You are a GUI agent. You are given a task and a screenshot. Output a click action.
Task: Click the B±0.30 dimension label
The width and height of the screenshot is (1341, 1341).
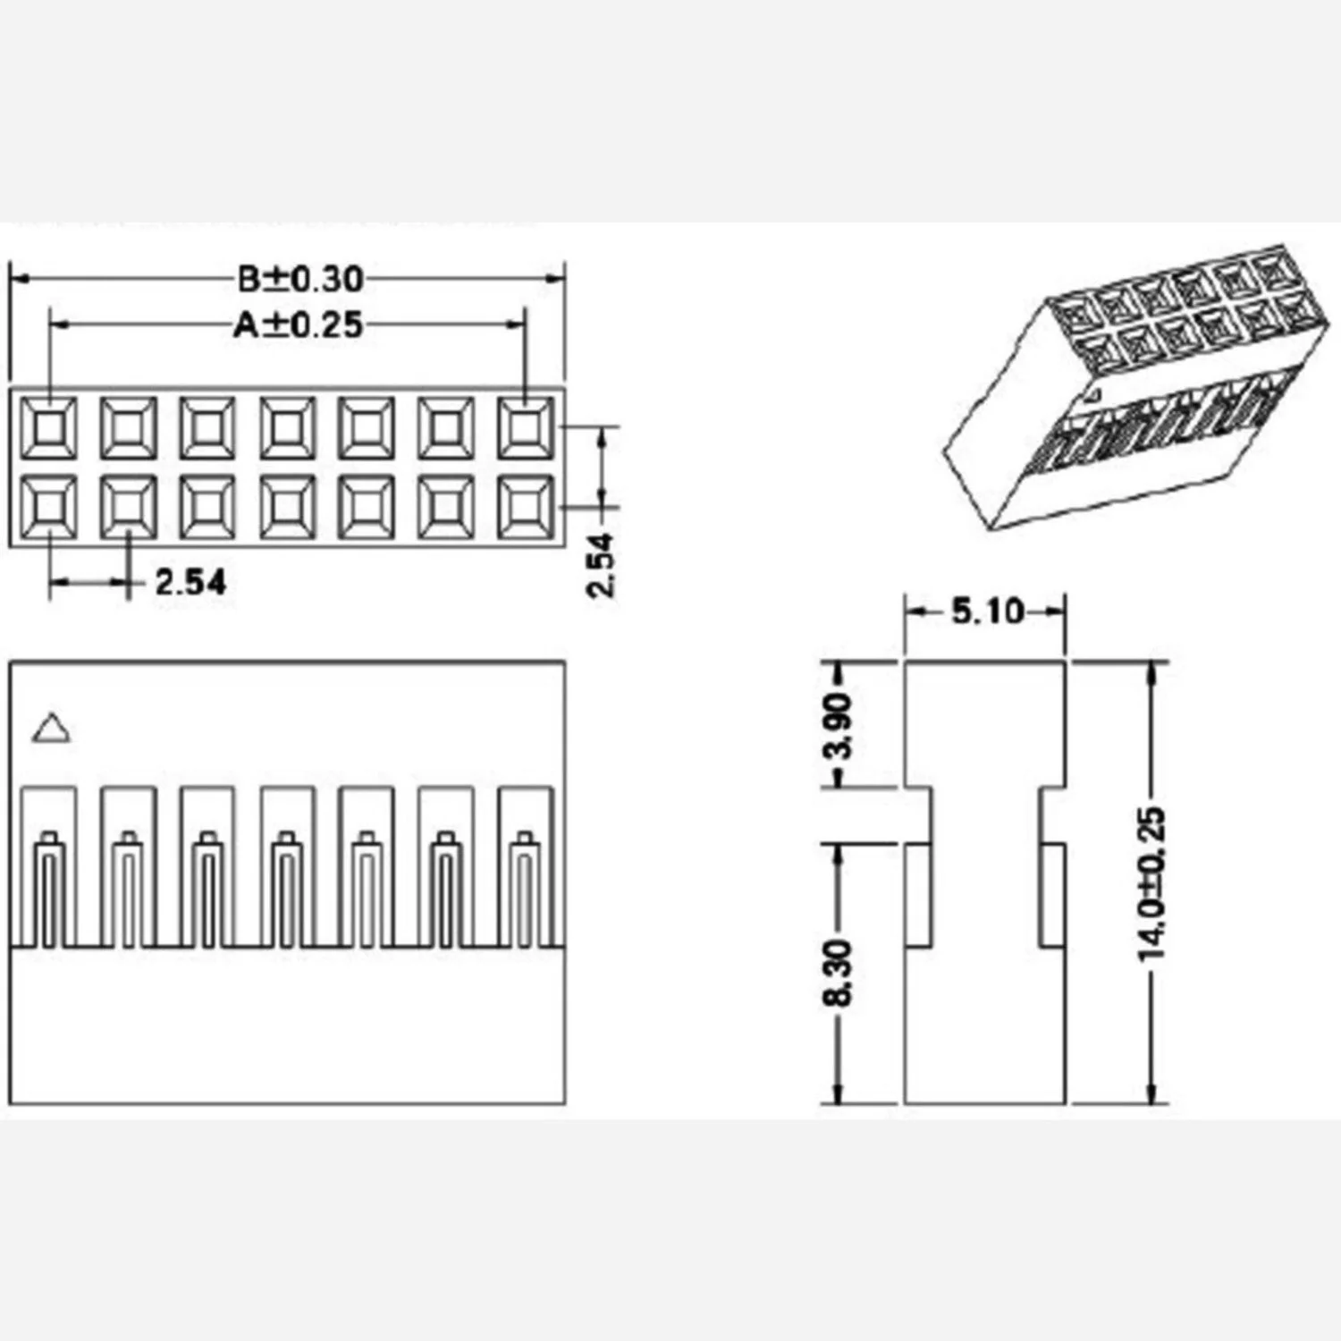pos(300,279)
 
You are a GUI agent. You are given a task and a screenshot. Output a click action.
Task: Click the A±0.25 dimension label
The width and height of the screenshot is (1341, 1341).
pos(299,325)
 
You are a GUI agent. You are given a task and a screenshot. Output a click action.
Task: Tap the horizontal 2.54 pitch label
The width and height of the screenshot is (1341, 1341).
pos(190,583)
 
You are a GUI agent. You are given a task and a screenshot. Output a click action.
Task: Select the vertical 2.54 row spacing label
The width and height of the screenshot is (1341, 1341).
pos(601,565)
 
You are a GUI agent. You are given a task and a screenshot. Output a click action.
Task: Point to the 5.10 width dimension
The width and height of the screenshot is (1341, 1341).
pos(987,611)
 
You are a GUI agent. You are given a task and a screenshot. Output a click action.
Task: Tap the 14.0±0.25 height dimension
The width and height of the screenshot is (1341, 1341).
pos(1153,884)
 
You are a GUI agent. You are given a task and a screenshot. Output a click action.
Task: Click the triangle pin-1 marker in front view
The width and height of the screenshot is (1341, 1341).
pos(51,729)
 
